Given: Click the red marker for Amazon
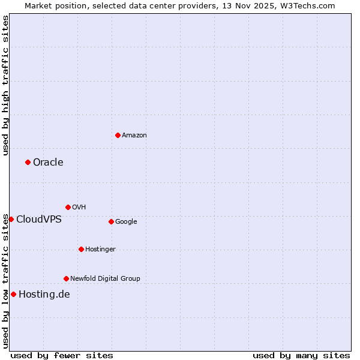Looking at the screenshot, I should pyautogui.click(x=118, y=135).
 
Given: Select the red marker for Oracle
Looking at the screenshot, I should pyautogui.click(x=28, y=162).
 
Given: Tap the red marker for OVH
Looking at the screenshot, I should pyautogui.click(x=68, y=207).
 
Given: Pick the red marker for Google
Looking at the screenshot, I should pyautogui.click(x=111, y=221).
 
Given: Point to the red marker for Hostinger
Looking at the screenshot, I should pyautogui.click(x=81, y=249).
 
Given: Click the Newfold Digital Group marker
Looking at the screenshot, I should pyautogui.click(x=66, y=278).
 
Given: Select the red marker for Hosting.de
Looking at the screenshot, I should pyautogui.click(x=13, y=294).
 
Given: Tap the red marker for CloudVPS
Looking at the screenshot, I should pyautogui.click(x=11, y=219).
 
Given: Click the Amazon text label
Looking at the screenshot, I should pyautogui.click(x=134, y=136).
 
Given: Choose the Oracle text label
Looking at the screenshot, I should pyautogui.click(x=48, y=163).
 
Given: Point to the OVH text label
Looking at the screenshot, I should pyautogui.click(x=79, y=208).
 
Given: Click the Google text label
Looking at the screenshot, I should pyautogui.click(x=126, y=222).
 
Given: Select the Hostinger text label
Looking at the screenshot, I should pyautogui.click(x=100, y=250).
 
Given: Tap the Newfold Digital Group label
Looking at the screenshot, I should pyautogui.click(x=105, y=278).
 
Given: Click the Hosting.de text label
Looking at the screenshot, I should pyautogui.click(x=44, y=294).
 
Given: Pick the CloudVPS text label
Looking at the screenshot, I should pyautogui.click(x=39, y=220).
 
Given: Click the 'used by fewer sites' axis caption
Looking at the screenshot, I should pyautogui.click(x=62, y=355).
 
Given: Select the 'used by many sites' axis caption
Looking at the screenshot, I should pyautogui.click(x=301, y=355).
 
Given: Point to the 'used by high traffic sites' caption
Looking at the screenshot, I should pyautogui.click(x=5, y=85).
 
